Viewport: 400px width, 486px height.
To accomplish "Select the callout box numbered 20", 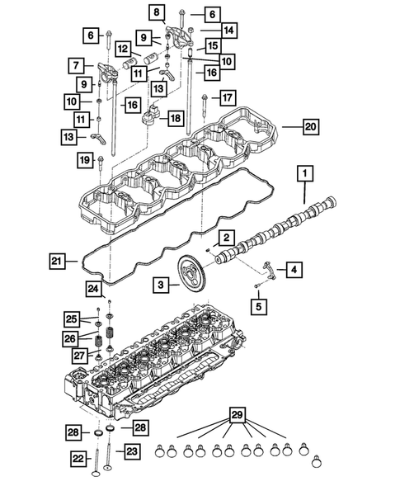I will (x=310, y=127).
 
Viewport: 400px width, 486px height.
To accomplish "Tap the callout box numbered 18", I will (x=174, y=118).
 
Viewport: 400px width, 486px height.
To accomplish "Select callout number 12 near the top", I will (x=122, y=48).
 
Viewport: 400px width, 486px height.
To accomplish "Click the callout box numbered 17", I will (x=228, y=98).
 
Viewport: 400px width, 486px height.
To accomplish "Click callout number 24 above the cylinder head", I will (x=94, y=288).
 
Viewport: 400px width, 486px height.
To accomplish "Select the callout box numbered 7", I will (x=75, y=64).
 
